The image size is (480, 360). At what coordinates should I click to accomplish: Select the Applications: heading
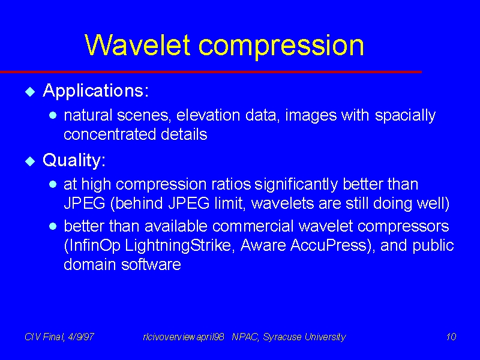click(x=96, y=91)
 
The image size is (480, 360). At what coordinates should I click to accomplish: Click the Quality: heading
click(x=74, y=160)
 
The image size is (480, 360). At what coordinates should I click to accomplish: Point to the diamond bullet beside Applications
click(x=30, y=92)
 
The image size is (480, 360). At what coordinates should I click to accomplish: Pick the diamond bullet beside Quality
click(x=30, y=161)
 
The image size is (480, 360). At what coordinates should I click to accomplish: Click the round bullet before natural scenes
click(x=53, y=115)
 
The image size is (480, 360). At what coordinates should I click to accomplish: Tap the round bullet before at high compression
click(x=53, y=184)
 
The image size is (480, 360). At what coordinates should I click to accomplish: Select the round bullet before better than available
click(x=53, y=226)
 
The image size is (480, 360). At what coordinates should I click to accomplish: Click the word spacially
click(x=405, y=116)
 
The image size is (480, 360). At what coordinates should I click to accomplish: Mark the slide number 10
click(x=451, y=337)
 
